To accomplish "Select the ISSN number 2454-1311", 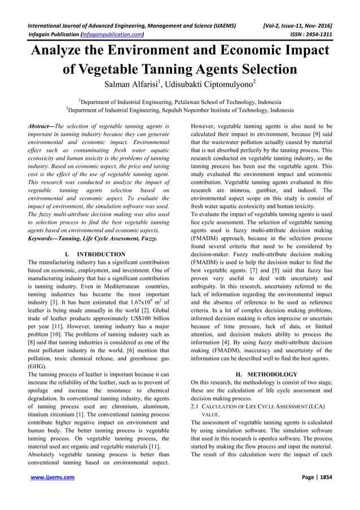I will [x=319, y=34].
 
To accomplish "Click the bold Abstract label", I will [x=41, y=127].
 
